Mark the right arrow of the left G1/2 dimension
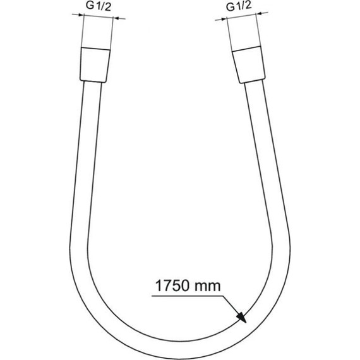(x=119, y=19)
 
